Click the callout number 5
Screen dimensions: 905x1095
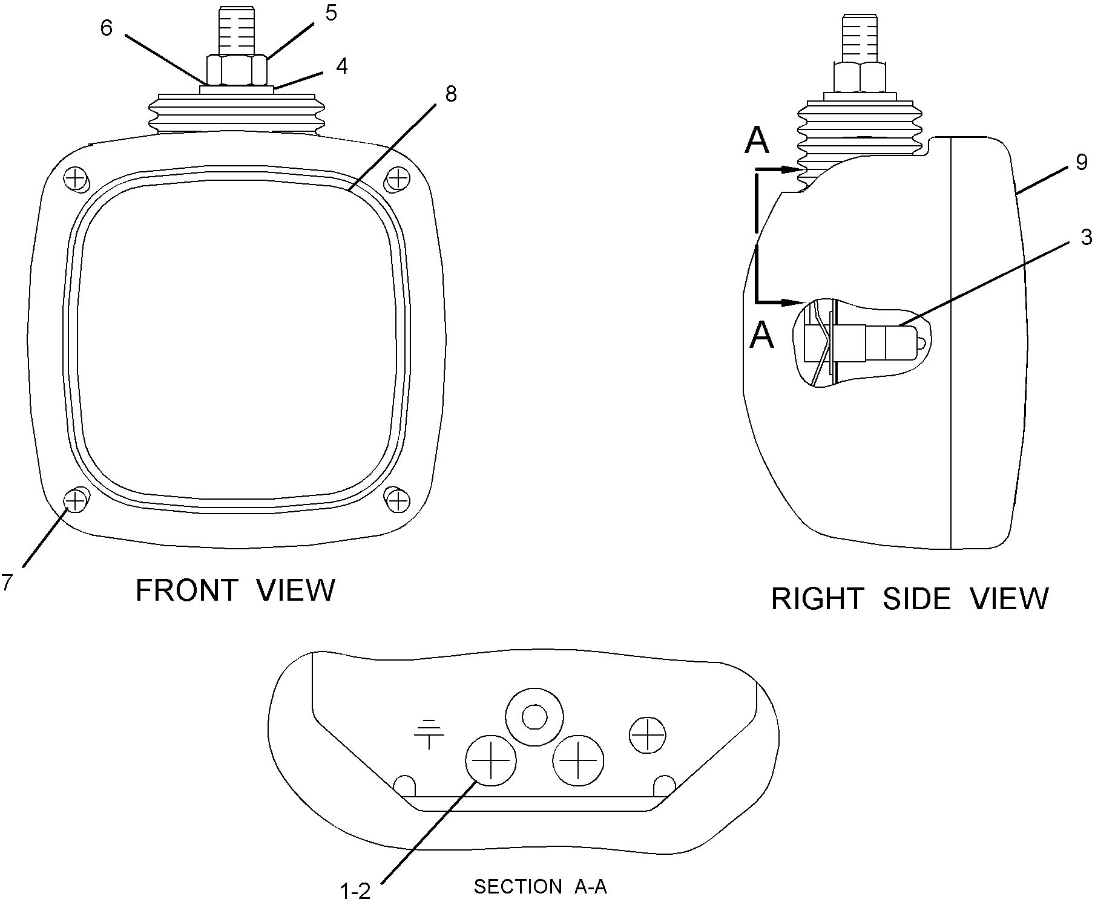pyautogui.click(x=330, y=13)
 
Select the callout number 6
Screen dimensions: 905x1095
pyautogui.click(x=107, y=28)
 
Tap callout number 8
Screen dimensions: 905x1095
pyautogui.click(x=450, y=94)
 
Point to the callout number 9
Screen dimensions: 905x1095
pyautogui.click(x=1082, y=162)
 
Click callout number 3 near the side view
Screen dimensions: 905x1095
pyautogui.click(x=1087, y=237)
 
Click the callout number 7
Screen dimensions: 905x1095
pyautogui.click(x=7, y=582)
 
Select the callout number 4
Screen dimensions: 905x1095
pyautogui.click(x=342, y=67)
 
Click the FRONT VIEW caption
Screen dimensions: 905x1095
pyautogui.click(x=235, y=590)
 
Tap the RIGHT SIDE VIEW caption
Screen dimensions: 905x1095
pyautogui.click(x=910, y=599)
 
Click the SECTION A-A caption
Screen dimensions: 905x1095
pyautogui.click(x=540, y=887)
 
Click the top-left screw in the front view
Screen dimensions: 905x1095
pyautogui.click(x=75, y=178)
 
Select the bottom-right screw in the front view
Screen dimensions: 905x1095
pyautogui.click(x=398, y=500)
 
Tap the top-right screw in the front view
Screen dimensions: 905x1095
pyautogui.click(x=398, y=178)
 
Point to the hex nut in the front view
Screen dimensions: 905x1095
pyautogui.click(x=237, y=70)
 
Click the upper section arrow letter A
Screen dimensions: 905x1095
pyautogui.click(x=757, y=141)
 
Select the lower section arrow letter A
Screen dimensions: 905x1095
pyautogui.click(x=761, y=336)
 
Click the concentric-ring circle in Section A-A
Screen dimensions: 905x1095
pyautogui.click(x=534, y=718)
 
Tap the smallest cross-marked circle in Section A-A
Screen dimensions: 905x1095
pyautogui.click(x=648, y=736)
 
